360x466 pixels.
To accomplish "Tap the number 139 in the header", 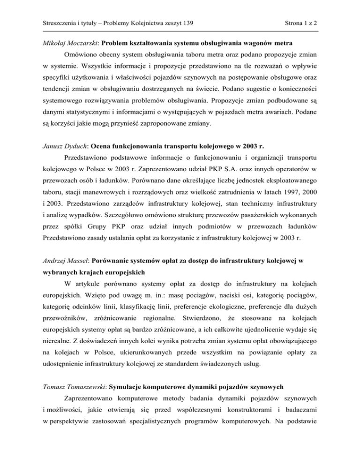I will pos(189,22).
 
